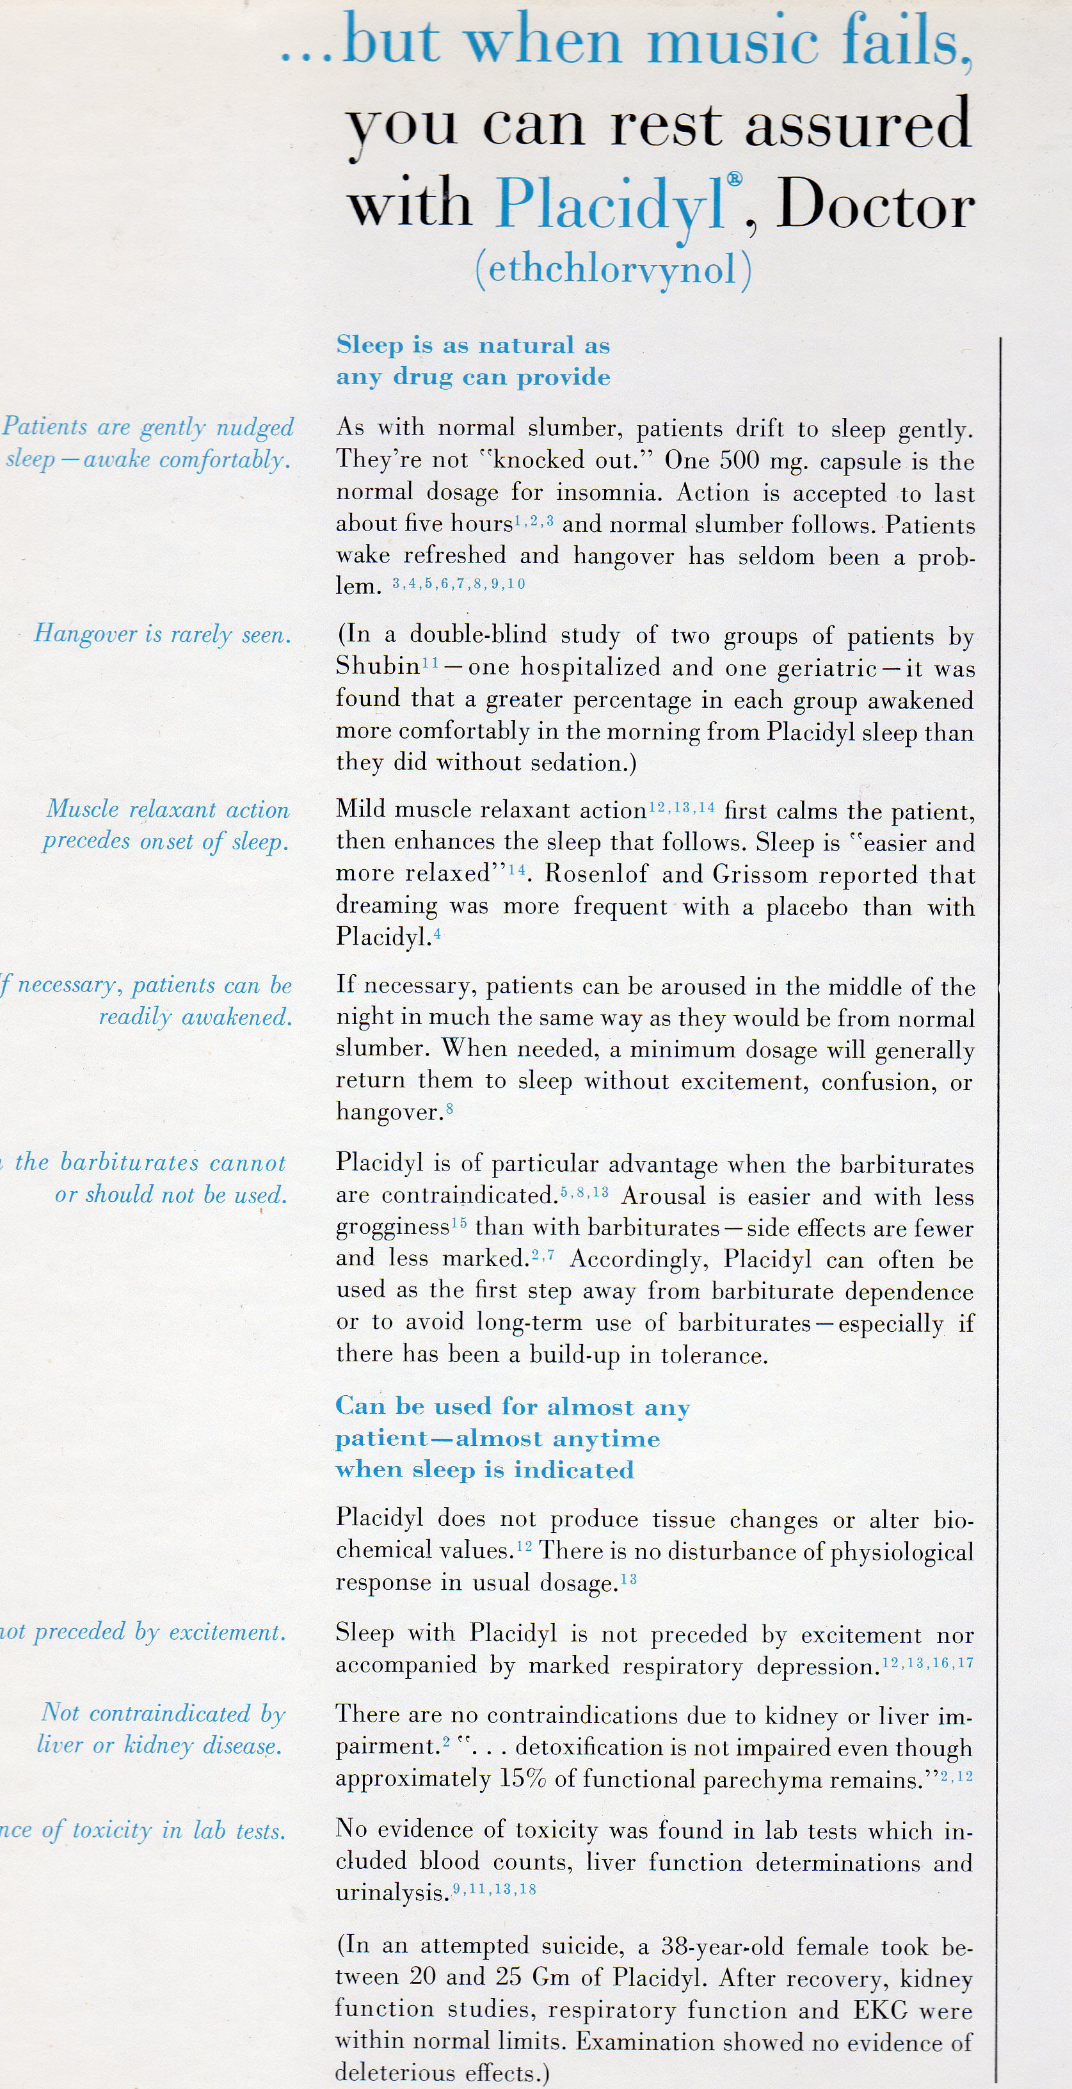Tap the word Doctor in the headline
(876, 206)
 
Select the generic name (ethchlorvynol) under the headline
(613, 270)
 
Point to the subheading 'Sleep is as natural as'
(473, 346)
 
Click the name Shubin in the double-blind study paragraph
(377, 667)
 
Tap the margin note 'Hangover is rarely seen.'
(162, 634)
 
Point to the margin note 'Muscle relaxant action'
(168, 810)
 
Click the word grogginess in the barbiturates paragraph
(392, 1228)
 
